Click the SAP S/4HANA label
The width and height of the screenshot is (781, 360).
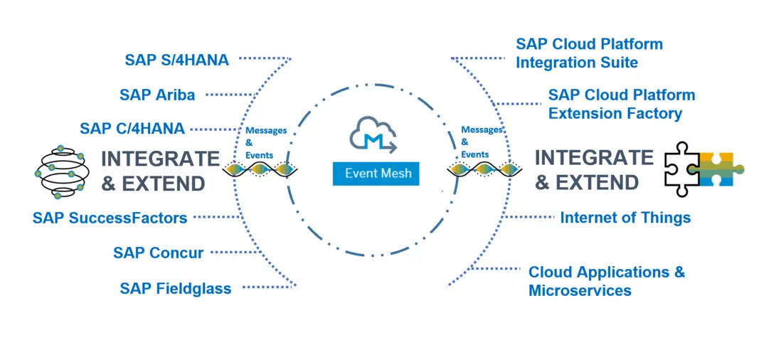click(x=177, y=60)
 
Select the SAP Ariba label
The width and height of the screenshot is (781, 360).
click(x=157, y=94)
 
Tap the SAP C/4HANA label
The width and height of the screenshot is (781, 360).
click(x=132, y=129)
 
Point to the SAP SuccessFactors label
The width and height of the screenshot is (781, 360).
click(x=110, y=218)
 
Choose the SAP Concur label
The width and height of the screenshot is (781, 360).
click(x=159, y=253)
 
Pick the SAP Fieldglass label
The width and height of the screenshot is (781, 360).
click(x=176, y=288)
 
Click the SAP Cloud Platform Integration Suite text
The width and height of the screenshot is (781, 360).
click(x=589, y=53)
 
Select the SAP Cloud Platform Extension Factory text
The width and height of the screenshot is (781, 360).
click(x=621, y=104)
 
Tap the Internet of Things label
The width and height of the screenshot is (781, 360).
click(x=625, y=217)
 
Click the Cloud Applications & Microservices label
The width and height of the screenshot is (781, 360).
click(x=607, y=281)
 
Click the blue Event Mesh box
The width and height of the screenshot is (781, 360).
click(x=376, y=173)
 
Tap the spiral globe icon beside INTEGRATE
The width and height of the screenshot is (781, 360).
click(x=60, y=171)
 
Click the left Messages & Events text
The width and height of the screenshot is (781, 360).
click(x=265, y=142)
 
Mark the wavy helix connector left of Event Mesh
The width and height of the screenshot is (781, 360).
click(x=260, y=169)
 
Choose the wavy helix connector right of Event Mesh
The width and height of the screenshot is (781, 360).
click(x=482, y=169)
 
